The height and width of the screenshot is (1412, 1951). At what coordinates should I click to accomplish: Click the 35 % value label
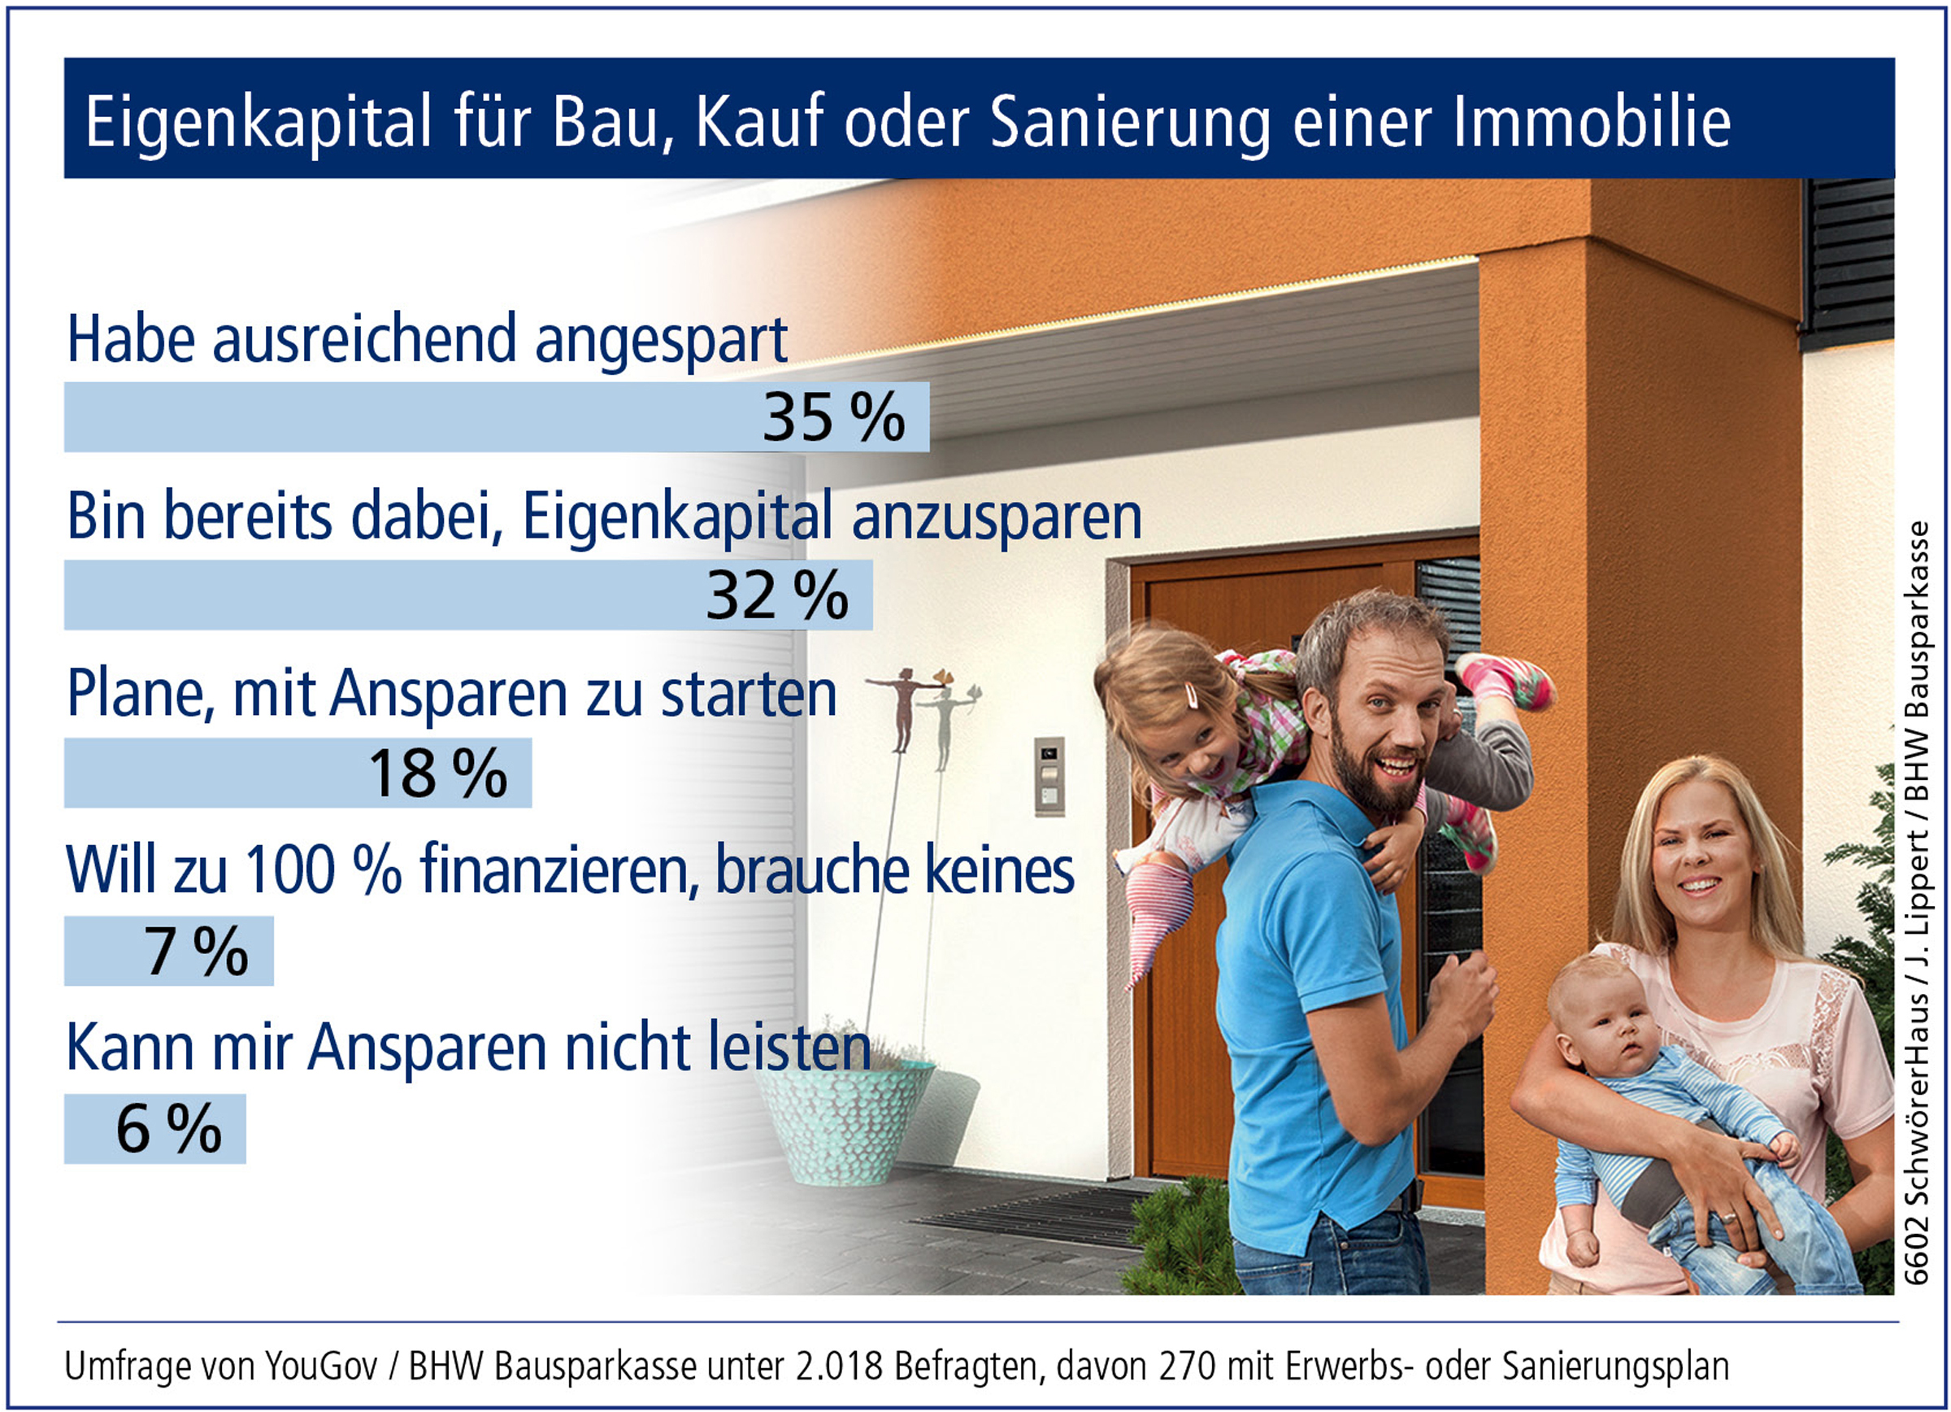point(833,417)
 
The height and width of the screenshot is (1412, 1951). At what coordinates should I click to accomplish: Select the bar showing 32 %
point(468,595)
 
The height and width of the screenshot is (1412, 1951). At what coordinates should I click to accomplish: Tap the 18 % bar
point(298,773)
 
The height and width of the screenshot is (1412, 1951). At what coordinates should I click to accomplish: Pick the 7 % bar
point(168,951)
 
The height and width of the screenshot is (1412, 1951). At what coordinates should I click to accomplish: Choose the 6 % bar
point(154,1129)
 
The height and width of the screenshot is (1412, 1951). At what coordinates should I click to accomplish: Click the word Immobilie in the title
point(1593,121)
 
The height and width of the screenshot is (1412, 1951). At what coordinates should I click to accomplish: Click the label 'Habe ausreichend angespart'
point(427,342)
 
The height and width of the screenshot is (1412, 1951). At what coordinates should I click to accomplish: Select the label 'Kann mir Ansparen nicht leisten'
point(469,1048)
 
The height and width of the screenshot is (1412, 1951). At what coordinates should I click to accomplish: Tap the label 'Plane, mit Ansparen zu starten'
point(452,694)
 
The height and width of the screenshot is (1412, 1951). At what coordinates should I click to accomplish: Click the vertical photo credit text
point(1916,904)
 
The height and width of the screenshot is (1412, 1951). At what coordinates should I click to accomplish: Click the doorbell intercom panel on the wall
point(1049,776)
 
